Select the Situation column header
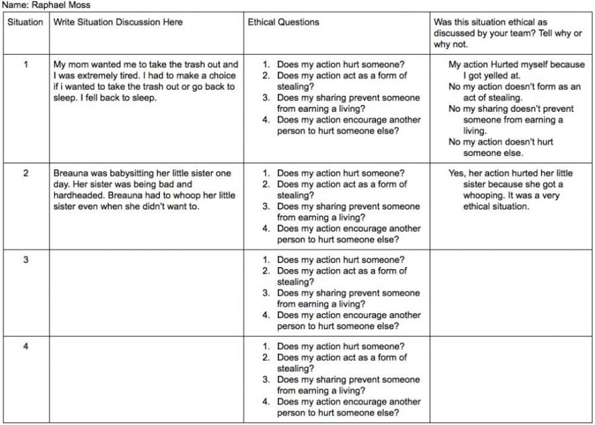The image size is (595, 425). point(25,22)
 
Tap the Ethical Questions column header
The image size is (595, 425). point(283,22)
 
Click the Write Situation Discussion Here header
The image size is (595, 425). point(118,22)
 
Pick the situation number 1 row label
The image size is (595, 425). point(26,65)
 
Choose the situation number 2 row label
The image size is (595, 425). point(26,173)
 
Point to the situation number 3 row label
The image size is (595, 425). point(26,260)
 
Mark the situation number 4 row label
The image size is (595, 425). point(26,346)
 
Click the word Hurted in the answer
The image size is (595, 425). point(515,65)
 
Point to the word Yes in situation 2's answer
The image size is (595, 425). point(456,173)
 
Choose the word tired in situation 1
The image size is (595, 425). point(136,76)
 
